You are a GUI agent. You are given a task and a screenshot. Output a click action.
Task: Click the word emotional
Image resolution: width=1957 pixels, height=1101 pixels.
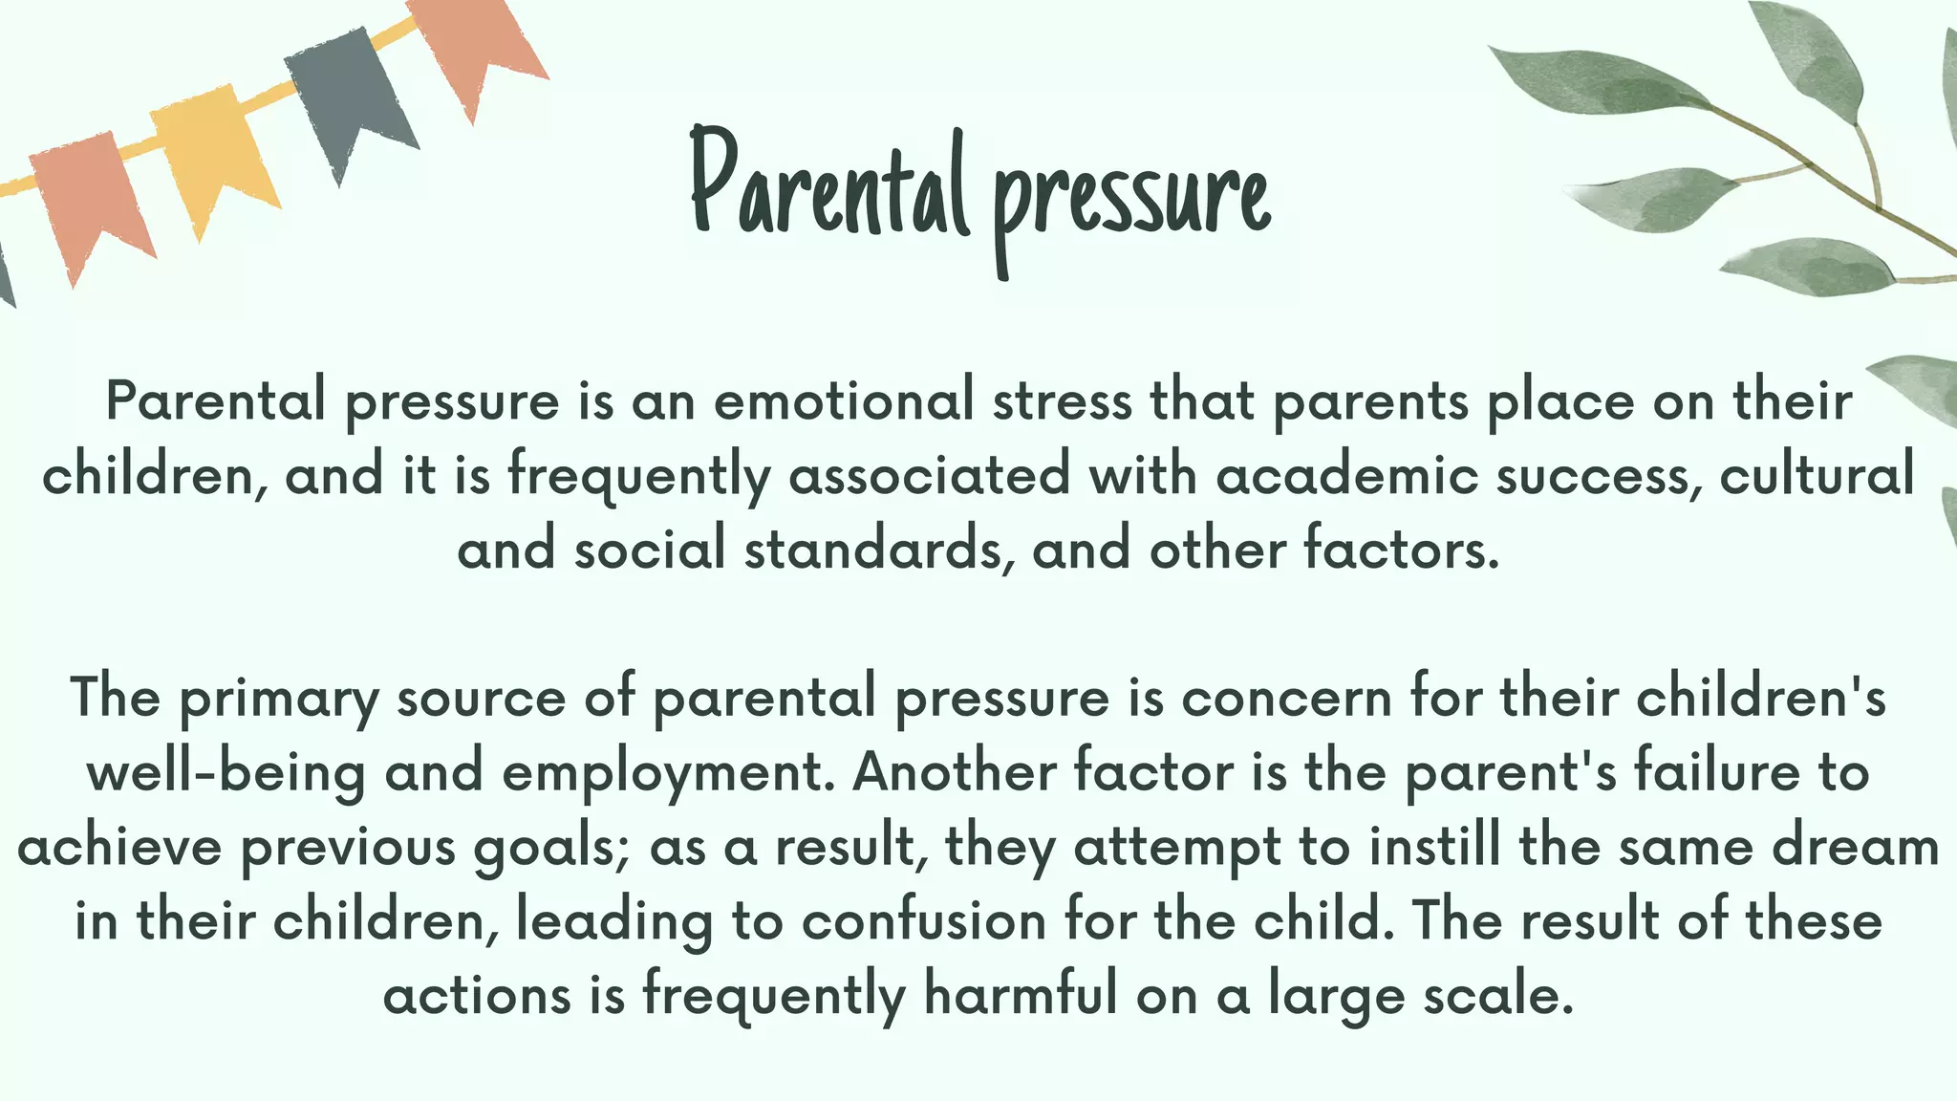(x=844, y=400)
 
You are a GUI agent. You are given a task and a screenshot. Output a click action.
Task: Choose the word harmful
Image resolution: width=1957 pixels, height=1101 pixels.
(x=1021, y=995)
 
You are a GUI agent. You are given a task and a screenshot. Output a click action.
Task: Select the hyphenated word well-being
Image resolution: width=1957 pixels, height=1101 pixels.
(x=226, y=773)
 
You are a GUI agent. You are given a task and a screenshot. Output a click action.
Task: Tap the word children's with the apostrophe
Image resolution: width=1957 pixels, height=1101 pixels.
(x=1761, y=697)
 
